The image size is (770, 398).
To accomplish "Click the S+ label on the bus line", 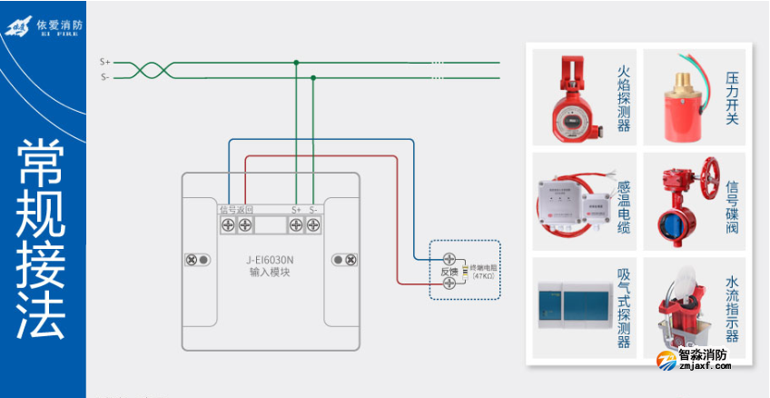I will (104, 62).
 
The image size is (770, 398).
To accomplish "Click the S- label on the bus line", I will (104, 77).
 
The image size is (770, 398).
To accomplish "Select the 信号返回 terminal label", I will (236, 210).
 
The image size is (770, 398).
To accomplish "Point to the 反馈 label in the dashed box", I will (449, 271).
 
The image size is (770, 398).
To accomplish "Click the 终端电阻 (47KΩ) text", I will (482, 271).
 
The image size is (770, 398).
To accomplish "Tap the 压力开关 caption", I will (732, 97).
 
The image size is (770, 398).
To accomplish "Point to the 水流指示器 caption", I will (732, 309).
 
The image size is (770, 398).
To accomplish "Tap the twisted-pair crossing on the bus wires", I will (143, 70).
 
